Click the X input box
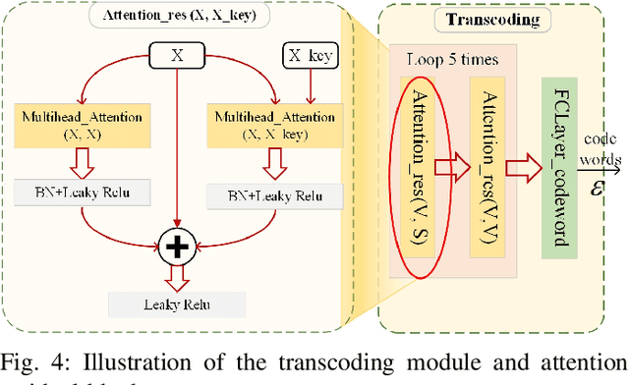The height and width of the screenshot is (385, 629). pyautogui.click(x=177, y=57)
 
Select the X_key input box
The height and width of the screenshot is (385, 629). pyautogui.click(x=310, y=57)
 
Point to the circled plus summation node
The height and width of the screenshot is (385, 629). pyautogui.click(x=177, y=247)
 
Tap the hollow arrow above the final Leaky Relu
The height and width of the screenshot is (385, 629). pyautogui.click(x=177, y=278)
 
